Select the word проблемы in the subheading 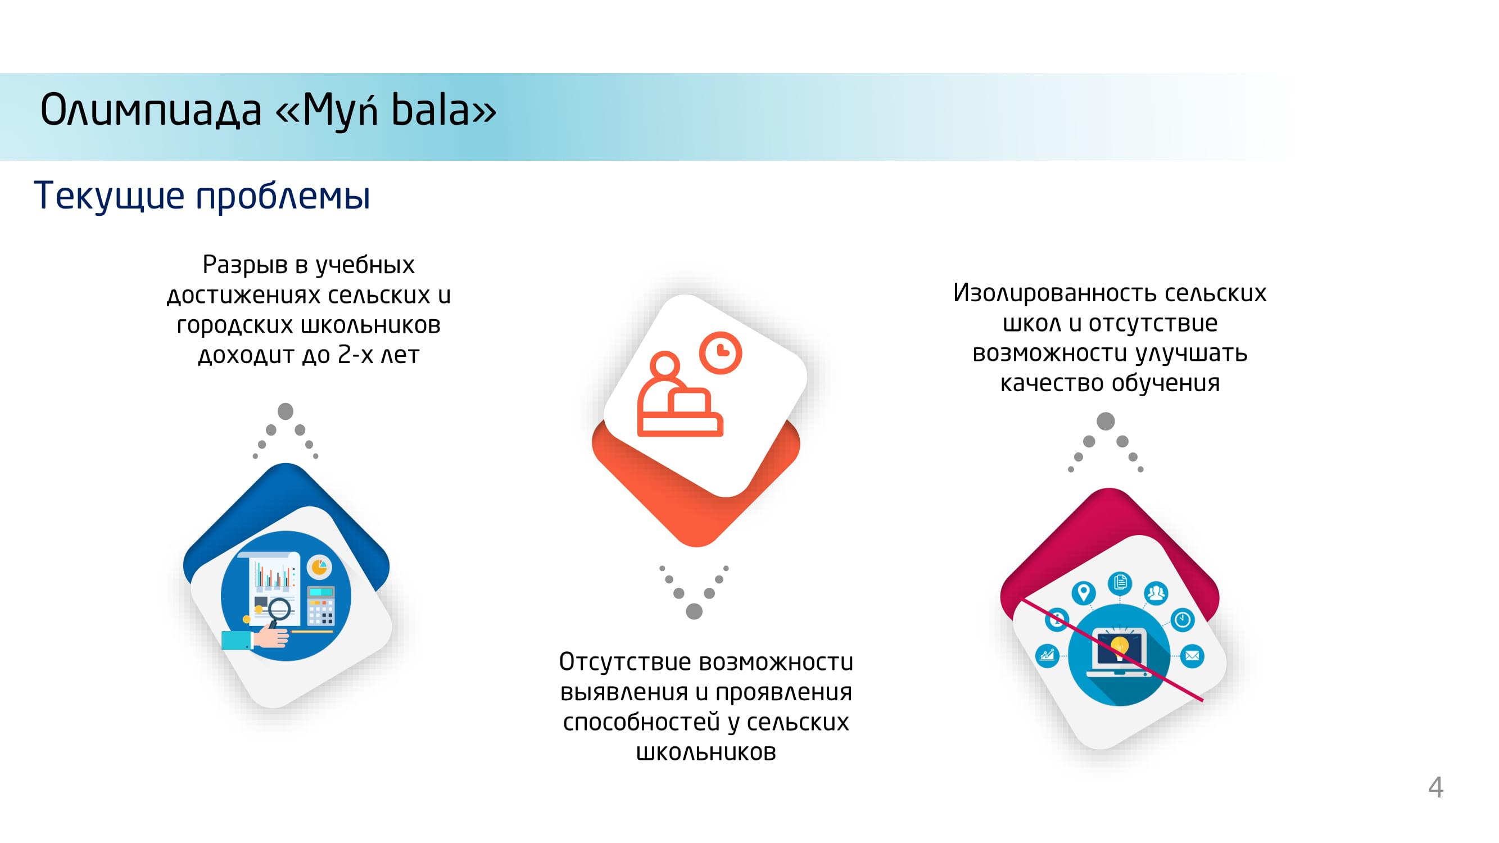[x=283, y=196]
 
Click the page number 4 [x=1435, y=788]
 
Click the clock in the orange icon [x=721, y=352]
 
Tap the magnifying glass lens [x=278, y=609]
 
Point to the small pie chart [x=319, y=566]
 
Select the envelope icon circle [x=1192, y=656]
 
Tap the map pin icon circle [x=1083, y=593]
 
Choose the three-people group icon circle [x=1156, y=593]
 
